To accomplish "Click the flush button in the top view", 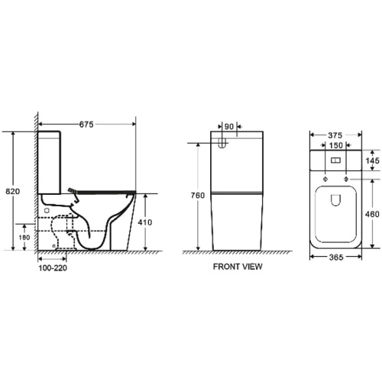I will (x=337, y=161).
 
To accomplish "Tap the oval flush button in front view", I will (x=222, y=143).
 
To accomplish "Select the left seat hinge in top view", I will (x=325, y=180).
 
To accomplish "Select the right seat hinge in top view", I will (x=348, y=180).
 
